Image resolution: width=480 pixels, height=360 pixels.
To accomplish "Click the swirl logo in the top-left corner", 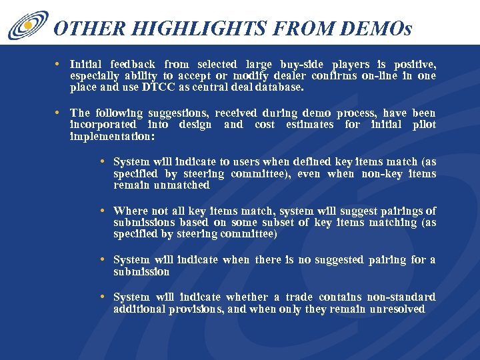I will click(x=27, y=25).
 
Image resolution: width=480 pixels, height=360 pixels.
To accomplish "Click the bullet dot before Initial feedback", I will click(x=59, y=65).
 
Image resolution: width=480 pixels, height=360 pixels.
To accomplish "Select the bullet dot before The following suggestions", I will click(x=59, y=113).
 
